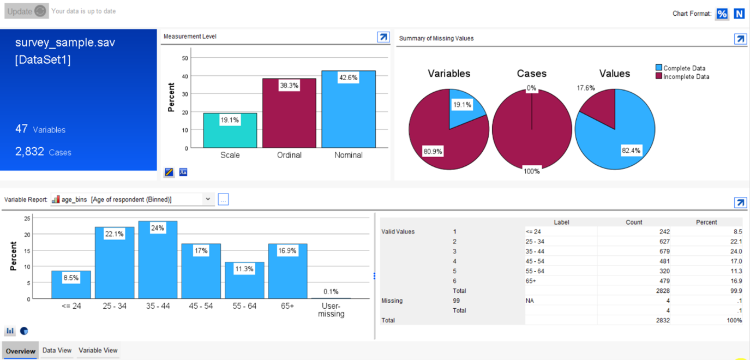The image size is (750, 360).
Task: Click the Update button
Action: [x=26, y=11]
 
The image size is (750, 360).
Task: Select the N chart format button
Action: [x=739, y=14]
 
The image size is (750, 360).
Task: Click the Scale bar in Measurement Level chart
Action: [x=230, y=134]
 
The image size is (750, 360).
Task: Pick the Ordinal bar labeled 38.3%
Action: [x=289, y=115]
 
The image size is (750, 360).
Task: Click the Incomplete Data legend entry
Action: [x=686, y=77]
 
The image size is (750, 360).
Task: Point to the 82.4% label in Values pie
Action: [x=631, y=151]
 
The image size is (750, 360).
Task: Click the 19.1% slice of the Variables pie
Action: [x=464, y=109]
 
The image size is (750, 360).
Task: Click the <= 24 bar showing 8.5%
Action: [x=71, y=286]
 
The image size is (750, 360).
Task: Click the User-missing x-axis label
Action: [x=331, y=310]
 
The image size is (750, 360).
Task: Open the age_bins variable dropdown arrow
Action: [x=208, y=200]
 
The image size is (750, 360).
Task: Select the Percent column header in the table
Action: [x=706, y=222]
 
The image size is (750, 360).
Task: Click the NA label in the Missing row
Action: [x=530, y=301]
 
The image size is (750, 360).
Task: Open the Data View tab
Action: [x=57, y=351]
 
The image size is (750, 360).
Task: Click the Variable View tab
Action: [x=98, y=351]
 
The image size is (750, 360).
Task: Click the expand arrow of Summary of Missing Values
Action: [x=740, y=39]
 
